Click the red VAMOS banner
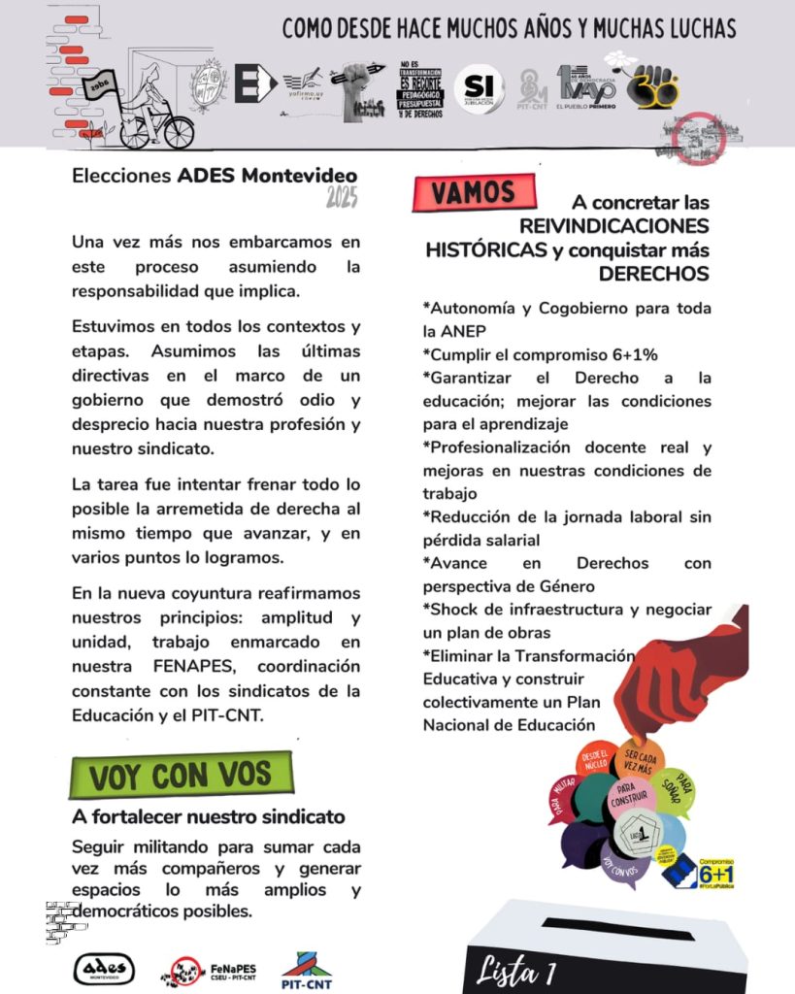coord(474,192)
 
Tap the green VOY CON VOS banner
coord(182,776)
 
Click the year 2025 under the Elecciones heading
coord(342,199)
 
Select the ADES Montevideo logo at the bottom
coord(104,968)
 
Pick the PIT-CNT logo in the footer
coord(306,967)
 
